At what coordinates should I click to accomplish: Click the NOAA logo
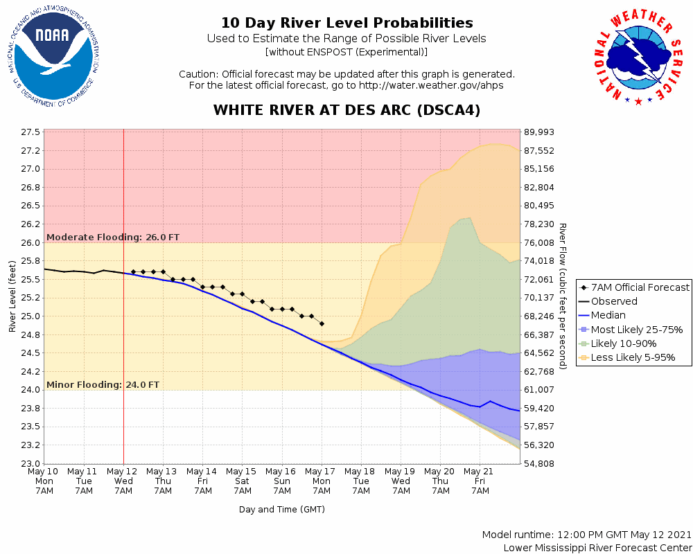tap(53, 57)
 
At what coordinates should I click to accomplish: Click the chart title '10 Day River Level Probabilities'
tap(346, 24)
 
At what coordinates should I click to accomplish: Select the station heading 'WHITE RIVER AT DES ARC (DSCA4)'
tap(346, 111)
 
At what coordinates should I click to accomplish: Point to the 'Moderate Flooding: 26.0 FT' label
tap(113, 237)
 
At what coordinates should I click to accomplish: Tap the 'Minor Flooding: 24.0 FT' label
tap(103, 384)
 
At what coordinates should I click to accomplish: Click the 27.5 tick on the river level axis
tap(31, 132)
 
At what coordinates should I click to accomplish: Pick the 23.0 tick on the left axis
tap(31, 463)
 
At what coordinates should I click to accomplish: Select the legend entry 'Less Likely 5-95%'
tap(632, 358)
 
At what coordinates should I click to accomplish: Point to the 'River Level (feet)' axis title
tap(12, 296)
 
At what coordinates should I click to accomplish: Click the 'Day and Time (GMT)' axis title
tap(282, 509)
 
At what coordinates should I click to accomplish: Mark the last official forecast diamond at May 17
tap(322, 323)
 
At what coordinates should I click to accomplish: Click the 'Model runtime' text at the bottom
tap(587, 535)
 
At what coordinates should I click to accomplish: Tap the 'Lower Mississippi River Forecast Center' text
tap(597, 548)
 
